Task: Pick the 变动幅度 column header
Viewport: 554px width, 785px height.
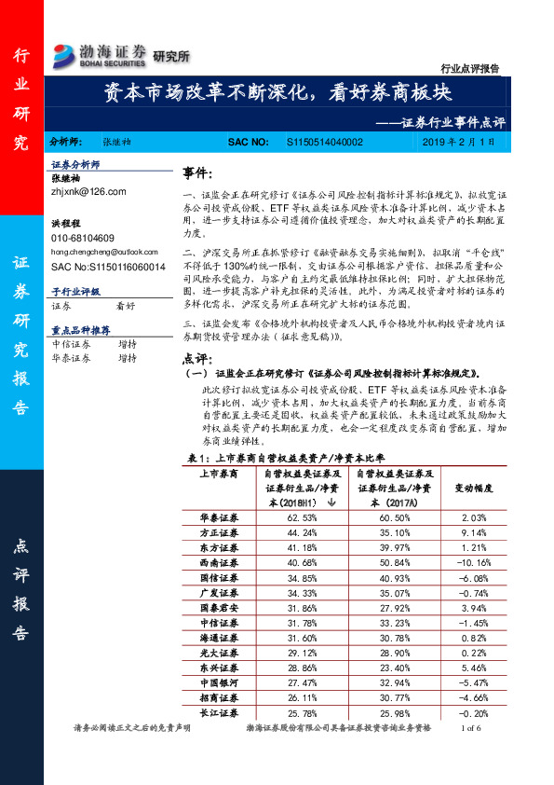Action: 474,487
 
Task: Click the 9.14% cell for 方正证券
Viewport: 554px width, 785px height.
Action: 474,533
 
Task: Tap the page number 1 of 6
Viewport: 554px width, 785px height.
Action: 465,728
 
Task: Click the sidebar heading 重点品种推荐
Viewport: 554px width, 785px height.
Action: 81,329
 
